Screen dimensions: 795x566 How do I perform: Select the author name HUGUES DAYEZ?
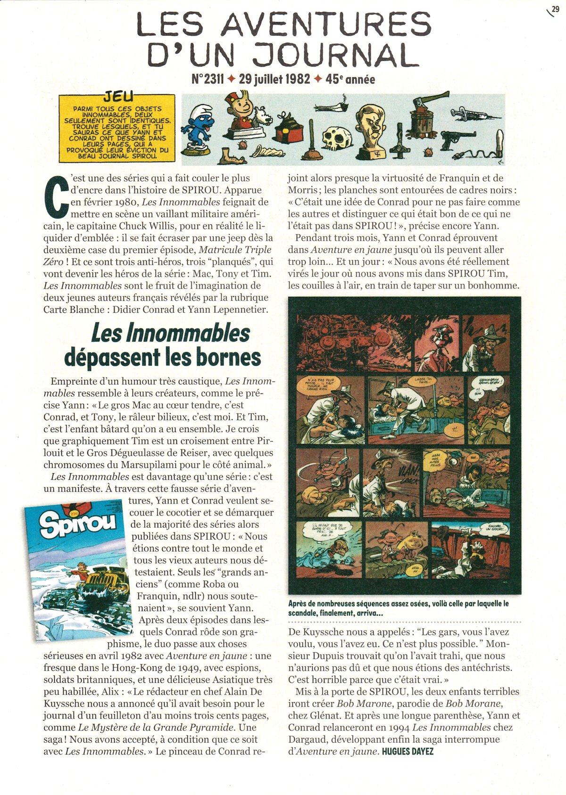tap(407, 751)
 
